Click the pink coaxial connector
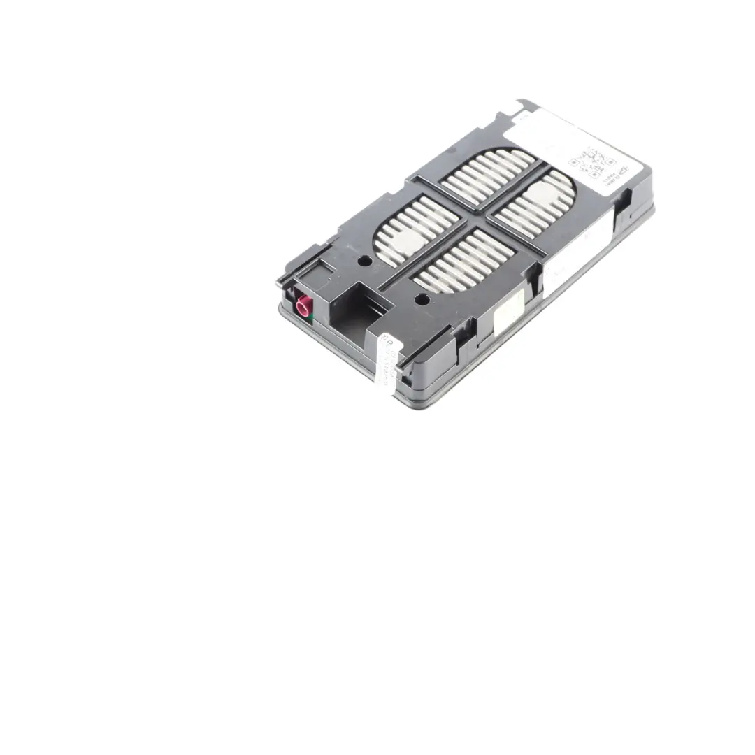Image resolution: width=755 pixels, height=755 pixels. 303,305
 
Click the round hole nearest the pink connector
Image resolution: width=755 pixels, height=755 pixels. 364,261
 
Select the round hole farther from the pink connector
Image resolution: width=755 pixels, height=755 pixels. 422,299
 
